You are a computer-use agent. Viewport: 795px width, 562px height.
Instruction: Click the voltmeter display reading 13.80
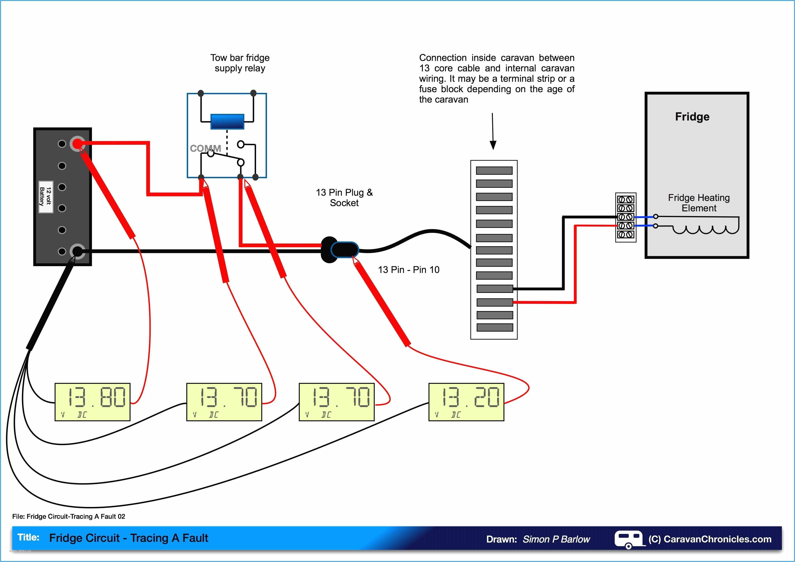tap(92, 402)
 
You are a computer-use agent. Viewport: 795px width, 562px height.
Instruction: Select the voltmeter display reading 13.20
tap(466, 402)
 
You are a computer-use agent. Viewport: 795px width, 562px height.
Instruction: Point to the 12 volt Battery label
tap(46, 197)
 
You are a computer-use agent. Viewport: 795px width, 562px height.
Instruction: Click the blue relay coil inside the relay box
tap(227, 121)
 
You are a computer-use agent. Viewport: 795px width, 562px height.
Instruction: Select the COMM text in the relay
tap(205, 148)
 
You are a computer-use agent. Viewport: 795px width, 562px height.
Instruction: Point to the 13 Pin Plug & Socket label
tap(344, 197)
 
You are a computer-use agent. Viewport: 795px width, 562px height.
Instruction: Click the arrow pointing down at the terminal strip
tap(493, 132)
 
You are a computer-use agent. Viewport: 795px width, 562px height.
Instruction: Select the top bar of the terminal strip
tap(494, 171)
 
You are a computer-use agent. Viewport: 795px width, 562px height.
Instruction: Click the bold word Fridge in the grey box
tap(692, 117)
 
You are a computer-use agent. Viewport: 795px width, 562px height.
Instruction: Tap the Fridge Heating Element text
tap(699, 203)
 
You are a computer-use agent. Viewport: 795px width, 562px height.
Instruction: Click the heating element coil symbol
tap(705, 229)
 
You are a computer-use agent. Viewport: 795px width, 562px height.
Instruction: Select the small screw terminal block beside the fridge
tap(626, 217)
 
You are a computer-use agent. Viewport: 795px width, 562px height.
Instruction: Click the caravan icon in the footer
tap(628, 539)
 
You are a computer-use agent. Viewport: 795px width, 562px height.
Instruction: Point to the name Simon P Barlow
tap(556, 539)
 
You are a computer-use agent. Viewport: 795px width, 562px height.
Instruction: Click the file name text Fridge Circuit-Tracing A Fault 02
tap(76, 516)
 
